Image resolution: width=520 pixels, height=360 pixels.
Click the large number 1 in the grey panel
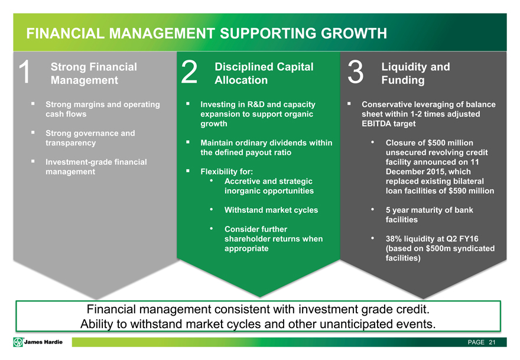(x=24, y=73)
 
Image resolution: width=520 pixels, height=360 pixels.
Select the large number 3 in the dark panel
(x=355, y=73)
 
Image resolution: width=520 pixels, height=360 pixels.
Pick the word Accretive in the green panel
(x=245, y=181)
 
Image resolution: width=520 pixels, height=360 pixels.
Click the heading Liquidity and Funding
(x=415, y=73)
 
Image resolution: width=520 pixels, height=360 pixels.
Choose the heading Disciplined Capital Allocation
(x=264, y=73)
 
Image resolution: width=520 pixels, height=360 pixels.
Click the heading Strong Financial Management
(x=94, y=73)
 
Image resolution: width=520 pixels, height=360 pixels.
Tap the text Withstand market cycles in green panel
(x=271, y=210)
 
